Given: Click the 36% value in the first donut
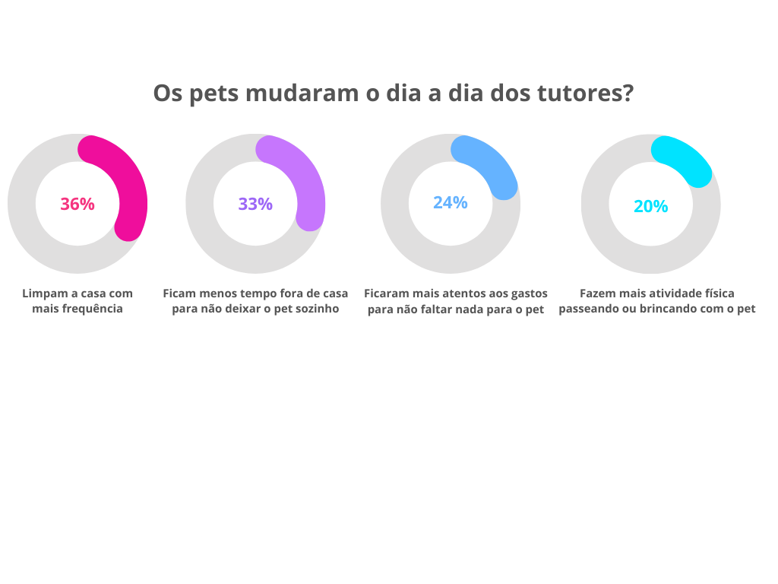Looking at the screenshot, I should coord(77,204).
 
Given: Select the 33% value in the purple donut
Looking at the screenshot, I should coord(255,204).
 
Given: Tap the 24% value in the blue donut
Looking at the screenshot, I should coord(451,202).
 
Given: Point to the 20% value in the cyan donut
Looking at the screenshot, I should coord(651,206).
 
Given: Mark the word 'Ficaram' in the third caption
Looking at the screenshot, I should coord(387,294).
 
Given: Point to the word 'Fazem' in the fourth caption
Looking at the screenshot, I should coord(596,294).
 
